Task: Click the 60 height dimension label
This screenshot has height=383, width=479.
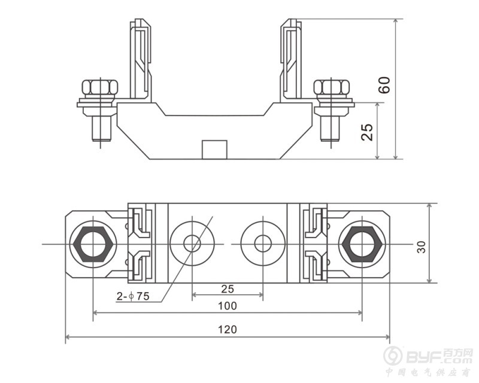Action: (x=384, y=85)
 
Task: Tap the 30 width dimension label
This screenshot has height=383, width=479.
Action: (x=421, y=247)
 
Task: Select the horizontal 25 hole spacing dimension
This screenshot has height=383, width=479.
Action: (x=228, y=288)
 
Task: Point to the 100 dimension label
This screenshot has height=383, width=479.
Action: (x=228, y=306)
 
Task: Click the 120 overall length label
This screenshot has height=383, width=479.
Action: (x=228, y=330)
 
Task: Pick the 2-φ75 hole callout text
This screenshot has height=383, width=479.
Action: (x=133, y=296)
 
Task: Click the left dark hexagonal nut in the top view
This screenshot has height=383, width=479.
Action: (x=93, y=244)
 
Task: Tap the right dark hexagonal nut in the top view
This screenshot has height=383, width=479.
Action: (x=362, y=244)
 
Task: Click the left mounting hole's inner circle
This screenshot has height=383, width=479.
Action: (x=192, y=244)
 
